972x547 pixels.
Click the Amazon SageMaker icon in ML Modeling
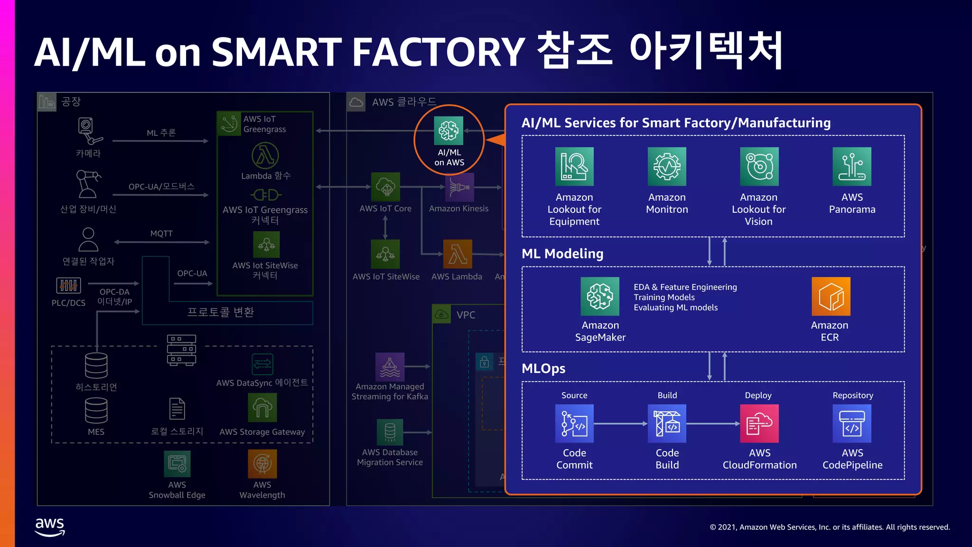600,296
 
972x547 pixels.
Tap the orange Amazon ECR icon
831,296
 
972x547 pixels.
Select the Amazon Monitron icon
667,166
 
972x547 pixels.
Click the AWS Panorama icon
852,166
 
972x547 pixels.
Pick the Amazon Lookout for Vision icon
759,166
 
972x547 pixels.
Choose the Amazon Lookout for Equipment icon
574,166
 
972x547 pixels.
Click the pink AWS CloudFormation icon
759,423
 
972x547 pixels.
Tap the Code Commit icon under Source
574,423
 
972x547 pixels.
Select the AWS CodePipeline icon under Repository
852,423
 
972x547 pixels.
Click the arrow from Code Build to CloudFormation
713,423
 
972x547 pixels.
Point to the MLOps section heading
543,368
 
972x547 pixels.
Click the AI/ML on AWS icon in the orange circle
449,131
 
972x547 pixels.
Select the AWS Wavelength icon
262,464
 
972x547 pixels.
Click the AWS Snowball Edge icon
177,464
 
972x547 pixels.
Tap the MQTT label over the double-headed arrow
161,234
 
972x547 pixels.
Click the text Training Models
664,297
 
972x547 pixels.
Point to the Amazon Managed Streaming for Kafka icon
390,367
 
